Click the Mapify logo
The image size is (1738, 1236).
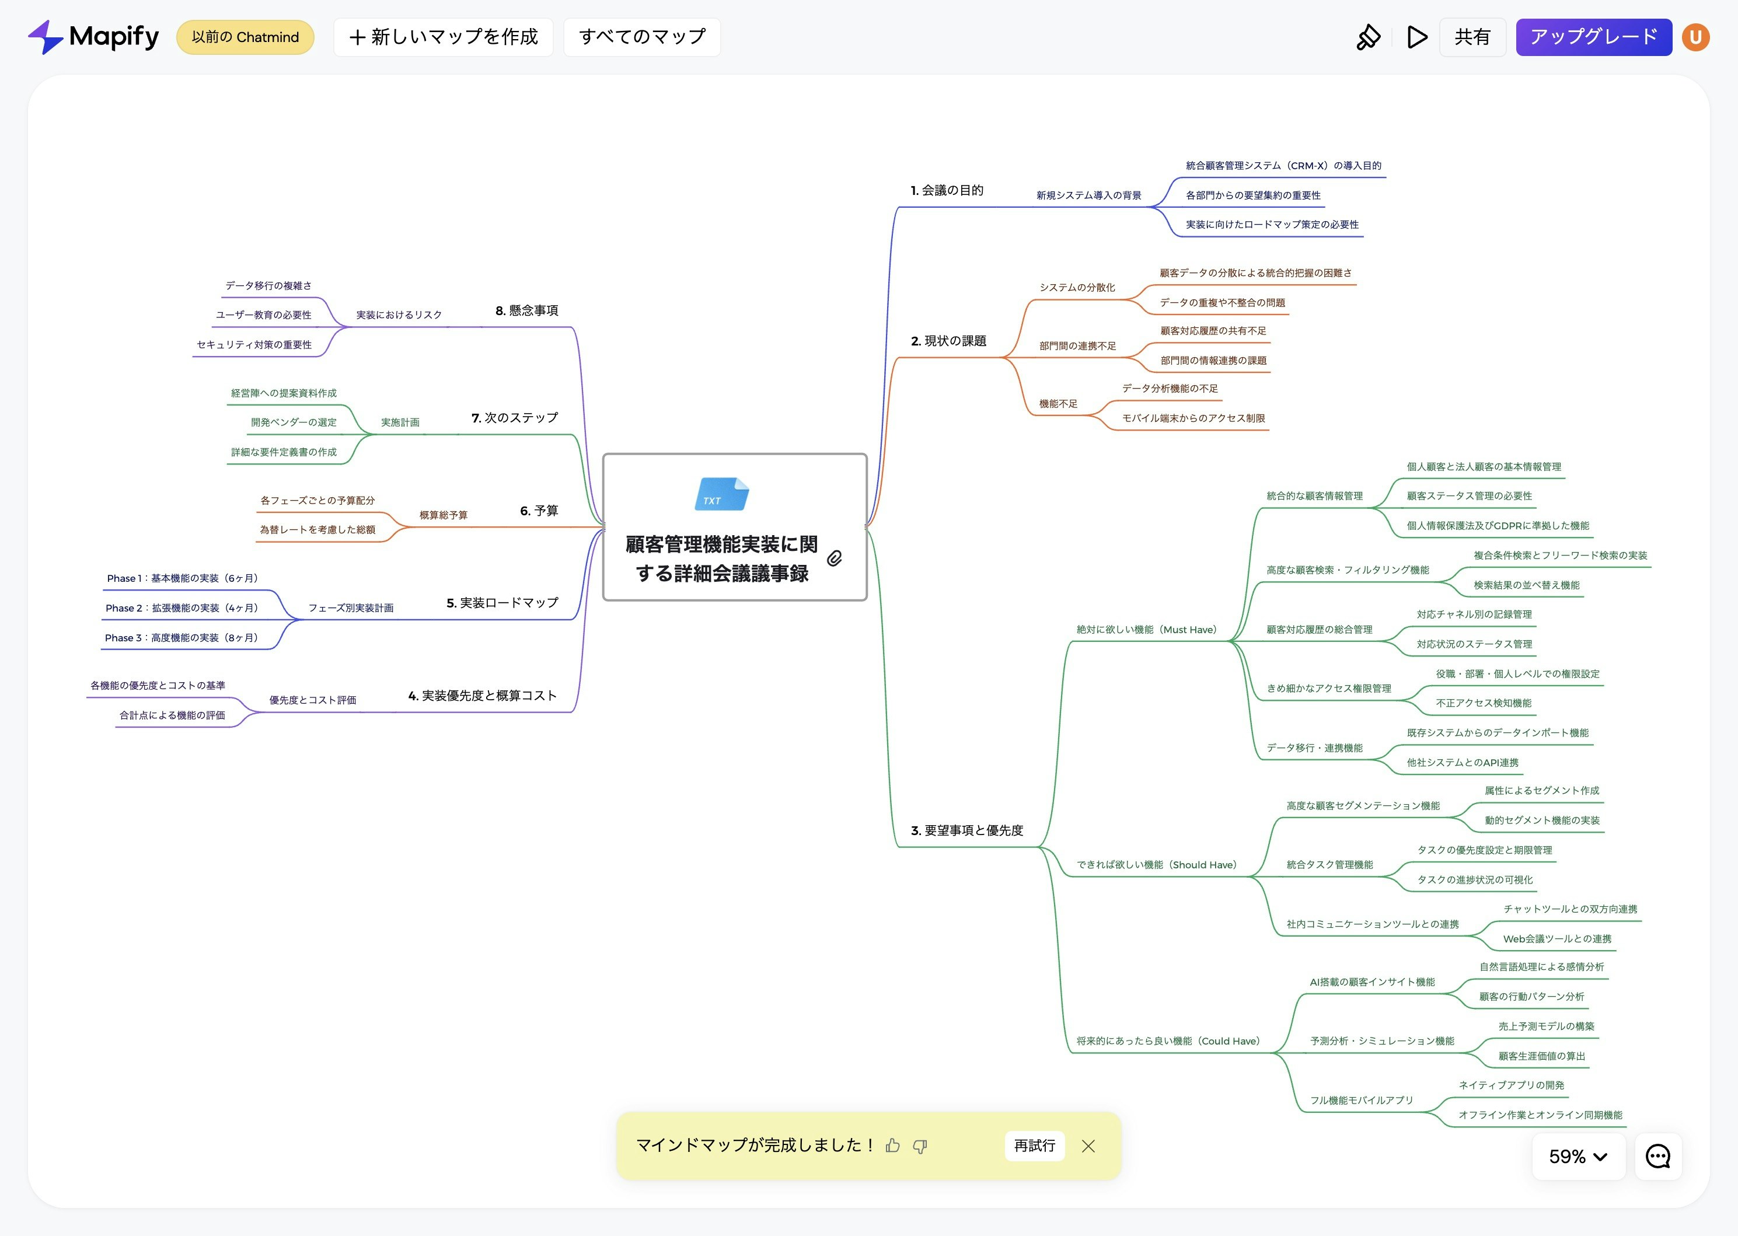(93, 37)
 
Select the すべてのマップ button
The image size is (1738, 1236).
(641, 37)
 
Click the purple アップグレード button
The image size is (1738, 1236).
(1593, 37)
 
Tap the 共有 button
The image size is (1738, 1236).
(1472, 37)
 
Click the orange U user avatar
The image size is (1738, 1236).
(1695, 37)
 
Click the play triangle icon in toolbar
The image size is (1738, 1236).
(1416, 37)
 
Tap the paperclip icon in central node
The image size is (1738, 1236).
(835, 558)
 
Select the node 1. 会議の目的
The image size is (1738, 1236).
(947, 190)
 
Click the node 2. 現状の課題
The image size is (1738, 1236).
(948, 341)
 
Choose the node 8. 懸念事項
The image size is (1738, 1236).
(526, 310)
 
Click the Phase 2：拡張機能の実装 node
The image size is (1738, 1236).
(182, 608)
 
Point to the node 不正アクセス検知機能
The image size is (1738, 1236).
(1483, 703)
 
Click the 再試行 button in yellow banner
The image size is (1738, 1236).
(1034, 1146)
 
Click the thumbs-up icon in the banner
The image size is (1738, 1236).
(892, 1146)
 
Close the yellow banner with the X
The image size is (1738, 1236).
(1088, 1146)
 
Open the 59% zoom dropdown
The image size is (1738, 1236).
(1578, 1157)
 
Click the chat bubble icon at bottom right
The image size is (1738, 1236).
(1657, 1157)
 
